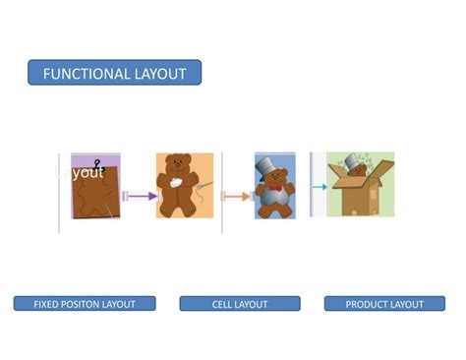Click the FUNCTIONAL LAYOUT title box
pos(114,73)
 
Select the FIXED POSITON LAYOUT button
pos(85,304)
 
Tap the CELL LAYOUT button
pos(239,304)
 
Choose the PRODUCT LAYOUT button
pos(384,304)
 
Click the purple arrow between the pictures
pos(140,196)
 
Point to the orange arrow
pos(236,197)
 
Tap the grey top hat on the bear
pos(272,169)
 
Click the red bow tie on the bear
pos(273,188)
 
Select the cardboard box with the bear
pos(360,192)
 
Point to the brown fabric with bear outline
pos(95,197)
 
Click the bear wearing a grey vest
pos(272,197)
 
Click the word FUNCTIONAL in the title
pos(87,73)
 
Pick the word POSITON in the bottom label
pos(81,304)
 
